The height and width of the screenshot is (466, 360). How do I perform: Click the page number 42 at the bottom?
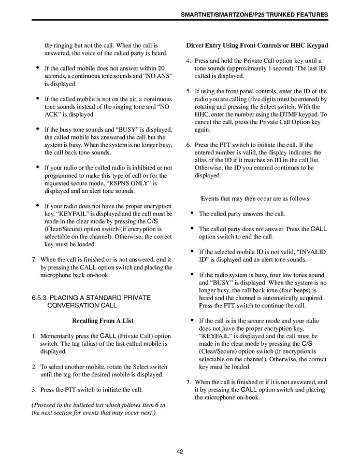(x=180, y=451)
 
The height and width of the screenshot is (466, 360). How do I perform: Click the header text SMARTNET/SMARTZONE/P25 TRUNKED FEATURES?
(x=254, y=15)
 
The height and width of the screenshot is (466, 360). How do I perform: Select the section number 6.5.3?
(x=41, y=298)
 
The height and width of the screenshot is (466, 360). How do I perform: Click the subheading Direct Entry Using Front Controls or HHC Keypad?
(x=257, y=46)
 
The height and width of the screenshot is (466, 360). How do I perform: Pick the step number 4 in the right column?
(x=188, y=61)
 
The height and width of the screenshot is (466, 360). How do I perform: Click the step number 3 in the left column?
(x=34, y=389)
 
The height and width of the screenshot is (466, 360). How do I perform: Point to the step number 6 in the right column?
(x=188, y=145)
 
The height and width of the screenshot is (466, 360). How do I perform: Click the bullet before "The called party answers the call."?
(x=192, y=213)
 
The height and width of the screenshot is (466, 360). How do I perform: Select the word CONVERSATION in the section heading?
(x=69, y=305)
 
